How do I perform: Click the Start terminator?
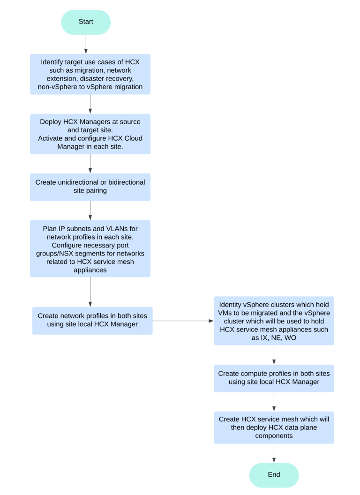(86, 22)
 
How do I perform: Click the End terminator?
(274, 475)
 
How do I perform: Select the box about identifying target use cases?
(90, 74)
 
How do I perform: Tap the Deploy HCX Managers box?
(90, 134)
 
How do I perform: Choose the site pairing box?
(90, 187)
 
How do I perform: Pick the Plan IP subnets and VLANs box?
(90, 248)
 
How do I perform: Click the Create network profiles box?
(92, 320)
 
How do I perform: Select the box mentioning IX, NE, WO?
(274, 321)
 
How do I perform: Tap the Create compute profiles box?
(274, 378)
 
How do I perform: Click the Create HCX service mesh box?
(274, 427)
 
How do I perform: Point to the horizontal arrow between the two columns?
(183, 321)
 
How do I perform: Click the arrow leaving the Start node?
(86, 44)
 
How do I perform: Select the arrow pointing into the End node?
(274, 453)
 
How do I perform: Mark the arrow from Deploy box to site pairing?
(90, 164)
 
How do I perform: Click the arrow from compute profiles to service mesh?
(274, 402)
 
